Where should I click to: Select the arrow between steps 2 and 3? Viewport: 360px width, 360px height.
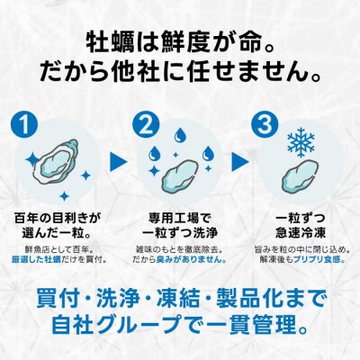click(237, 162)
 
